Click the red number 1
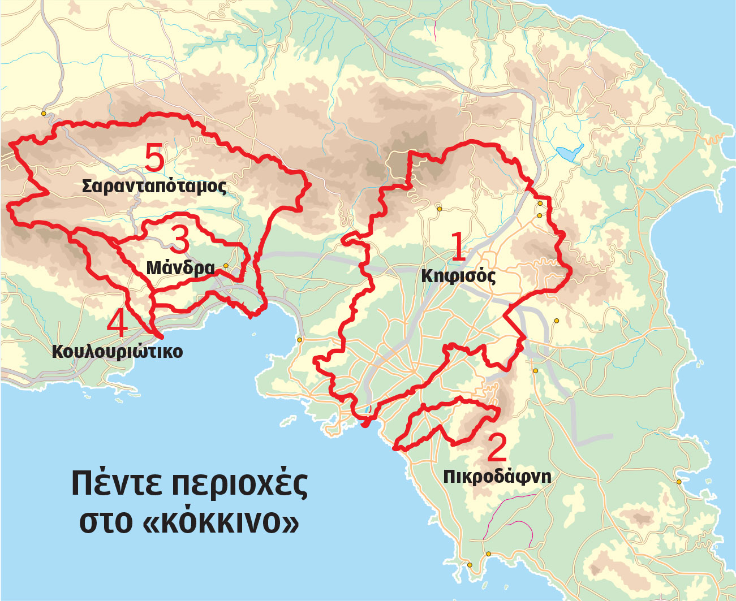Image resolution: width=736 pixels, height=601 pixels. pyautogui.click(x=457, y=248)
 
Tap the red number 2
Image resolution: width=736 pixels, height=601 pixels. pyautogui.click(x=497, y=448)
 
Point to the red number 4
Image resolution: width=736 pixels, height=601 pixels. pyautogui.click(x=117, y=325)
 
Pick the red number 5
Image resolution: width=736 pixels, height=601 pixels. pyautogui.click(x=154, y=158)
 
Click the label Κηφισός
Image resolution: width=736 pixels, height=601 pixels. pyautogui.click(x=458, y=276)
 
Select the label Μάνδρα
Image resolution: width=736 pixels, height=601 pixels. pyautogui.click(x=180, y=267)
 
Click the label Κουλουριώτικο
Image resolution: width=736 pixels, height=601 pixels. pyautogui.click(x=117, y=351)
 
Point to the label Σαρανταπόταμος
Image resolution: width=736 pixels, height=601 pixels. pyautogui.click(x=154, y=186)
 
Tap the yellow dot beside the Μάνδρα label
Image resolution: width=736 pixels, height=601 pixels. pyautogui.click(x=226, y=265)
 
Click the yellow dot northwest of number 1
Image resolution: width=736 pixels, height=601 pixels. pyautogui.click(x=439, y=209)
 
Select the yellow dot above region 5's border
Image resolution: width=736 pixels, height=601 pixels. pyautogui.click(x=44, y=114)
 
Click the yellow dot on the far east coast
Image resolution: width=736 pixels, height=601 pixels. pyautogui.click(x=679, y=482)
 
